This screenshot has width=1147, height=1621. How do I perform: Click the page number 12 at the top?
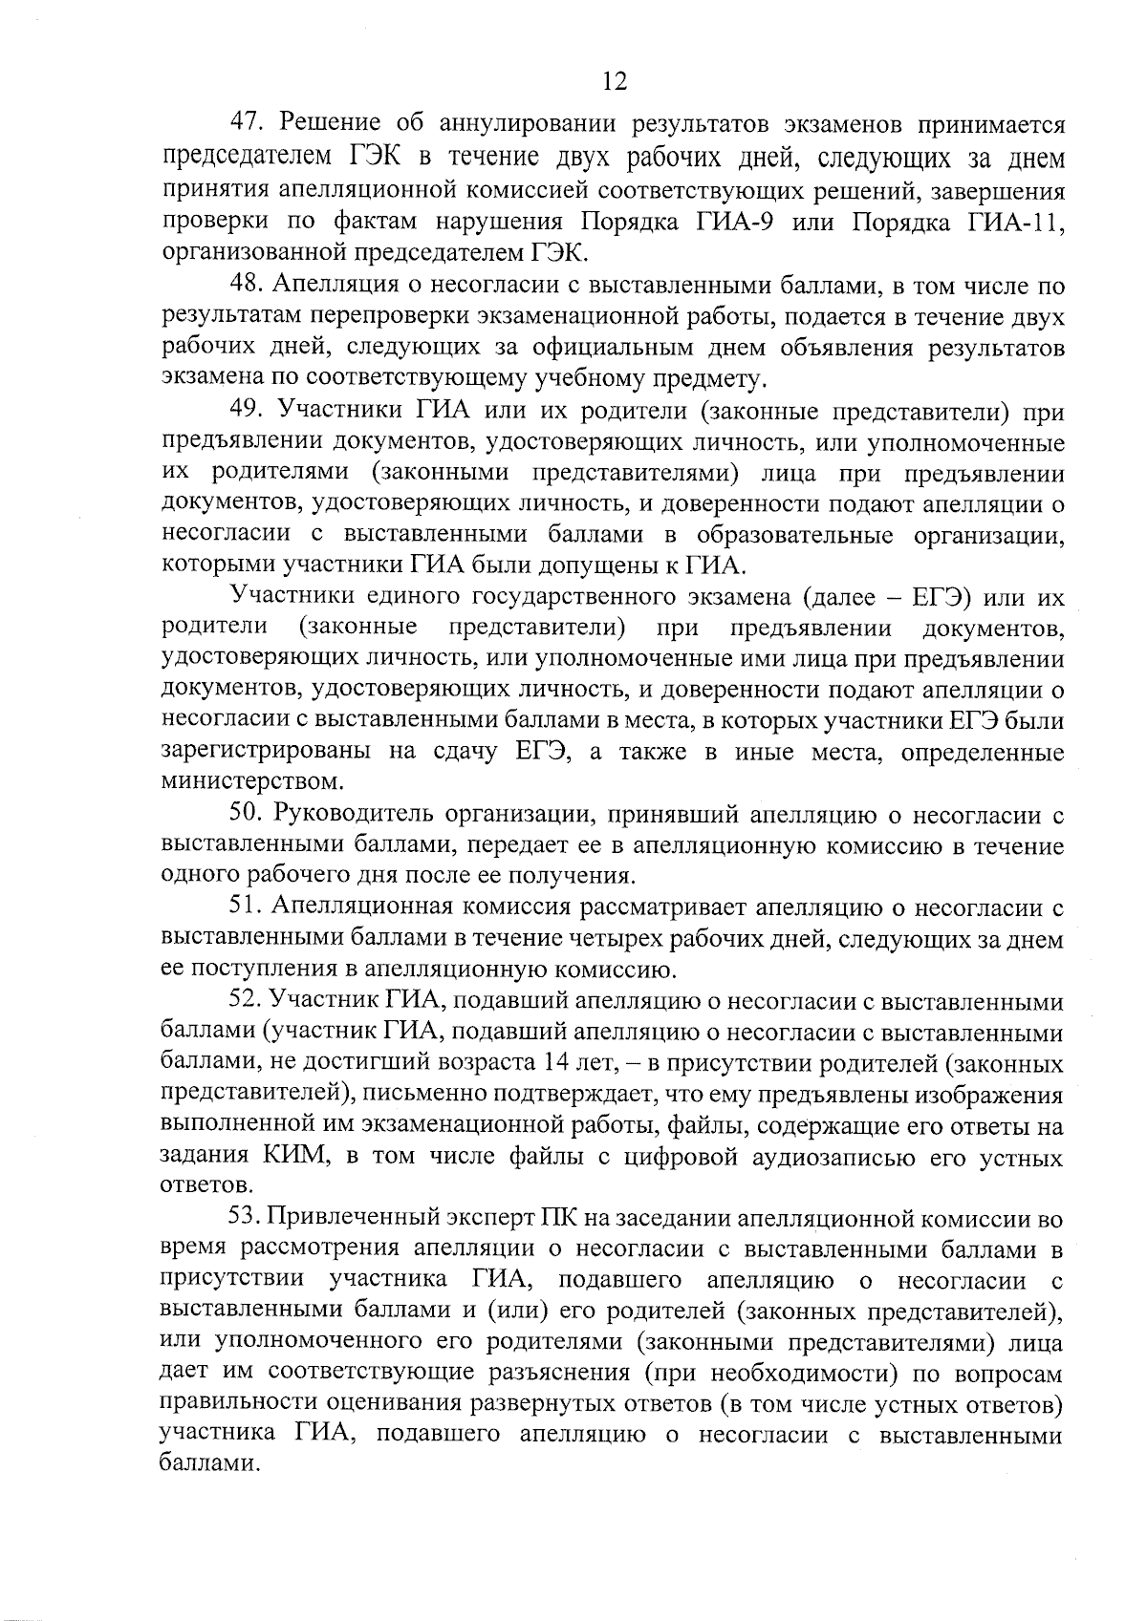(x=614, y=82)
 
